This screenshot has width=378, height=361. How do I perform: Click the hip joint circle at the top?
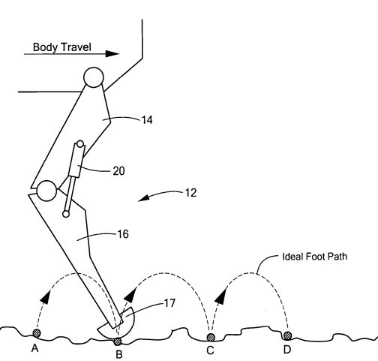point(94,77)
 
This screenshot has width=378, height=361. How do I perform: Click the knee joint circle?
point(46,191)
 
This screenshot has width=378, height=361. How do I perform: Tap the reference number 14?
point(147,120)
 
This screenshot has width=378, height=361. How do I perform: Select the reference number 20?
point(118,171)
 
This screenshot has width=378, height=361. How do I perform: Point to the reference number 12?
point(190,193)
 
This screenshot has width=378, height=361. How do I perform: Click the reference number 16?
point(123,234)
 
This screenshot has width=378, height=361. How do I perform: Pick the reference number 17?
point(169,303)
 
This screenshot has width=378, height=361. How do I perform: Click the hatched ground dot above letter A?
point(37,333)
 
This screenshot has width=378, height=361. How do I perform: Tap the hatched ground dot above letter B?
point(118,341)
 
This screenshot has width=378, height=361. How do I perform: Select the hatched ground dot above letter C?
point(211,337)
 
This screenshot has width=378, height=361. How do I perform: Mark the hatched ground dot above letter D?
point(287,335)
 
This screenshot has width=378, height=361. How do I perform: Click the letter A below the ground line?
point(34,348)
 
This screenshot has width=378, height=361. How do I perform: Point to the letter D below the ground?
point(287,350)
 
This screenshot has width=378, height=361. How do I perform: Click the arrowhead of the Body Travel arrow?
point(112,53)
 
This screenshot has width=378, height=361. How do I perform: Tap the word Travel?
point(76,47)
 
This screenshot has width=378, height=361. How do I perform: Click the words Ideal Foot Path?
point(315,257)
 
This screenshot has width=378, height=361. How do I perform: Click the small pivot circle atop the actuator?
point(80,144)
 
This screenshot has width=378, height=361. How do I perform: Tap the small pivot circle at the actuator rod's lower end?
point(66,214)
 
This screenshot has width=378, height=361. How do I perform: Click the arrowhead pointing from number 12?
point(143,199)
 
